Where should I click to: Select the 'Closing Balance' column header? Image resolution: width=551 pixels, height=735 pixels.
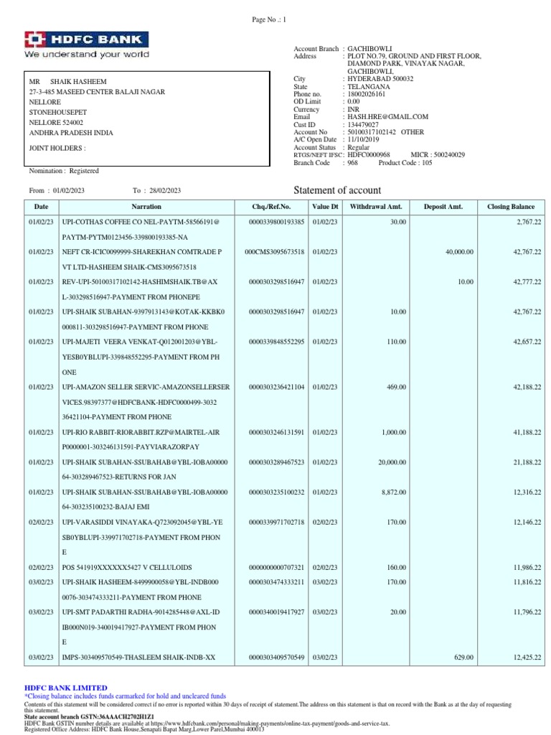511,207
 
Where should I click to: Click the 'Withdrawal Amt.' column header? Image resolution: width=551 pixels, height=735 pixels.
376,207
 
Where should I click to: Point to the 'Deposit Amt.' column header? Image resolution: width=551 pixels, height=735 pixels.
443,207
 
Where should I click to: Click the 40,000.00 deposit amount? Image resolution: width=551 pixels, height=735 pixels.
457,252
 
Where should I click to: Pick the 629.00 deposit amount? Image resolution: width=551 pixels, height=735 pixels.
463,657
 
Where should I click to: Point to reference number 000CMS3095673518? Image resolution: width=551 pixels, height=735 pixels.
275,252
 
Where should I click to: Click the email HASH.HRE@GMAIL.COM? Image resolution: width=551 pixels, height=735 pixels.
387,116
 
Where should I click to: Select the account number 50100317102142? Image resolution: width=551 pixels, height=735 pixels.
372,132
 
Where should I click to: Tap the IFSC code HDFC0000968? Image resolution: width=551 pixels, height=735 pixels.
368,154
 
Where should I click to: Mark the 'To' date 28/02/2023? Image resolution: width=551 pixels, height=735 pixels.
166,190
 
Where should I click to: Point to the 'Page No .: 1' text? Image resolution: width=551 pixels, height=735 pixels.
268,20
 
